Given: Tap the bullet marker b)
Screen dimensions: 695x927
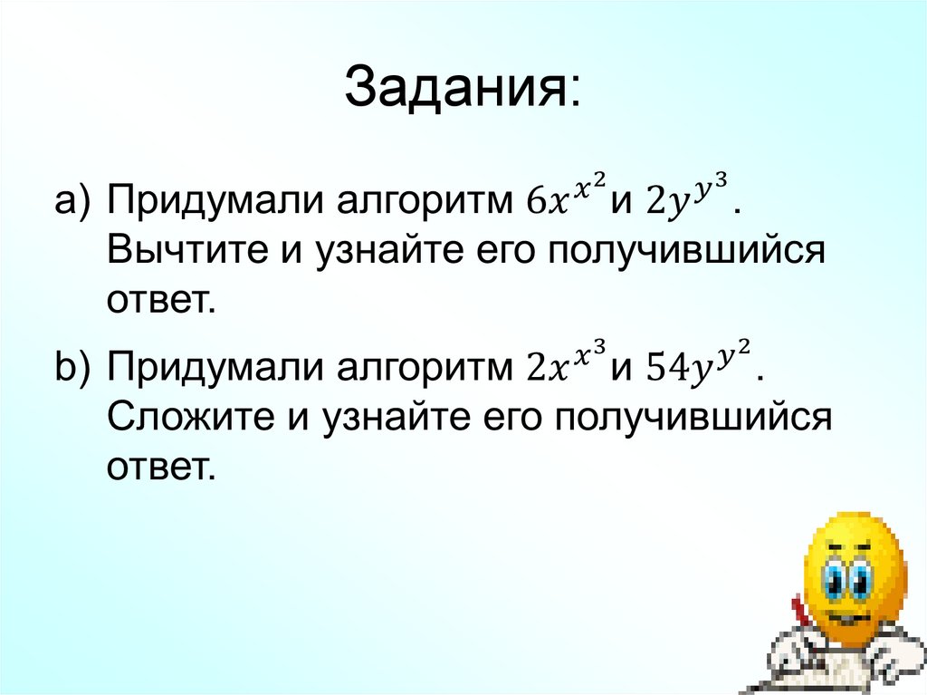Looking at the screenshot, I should point(73,369).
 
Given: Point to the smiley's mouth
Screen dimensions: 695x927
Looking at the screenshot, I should point(846,616).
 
